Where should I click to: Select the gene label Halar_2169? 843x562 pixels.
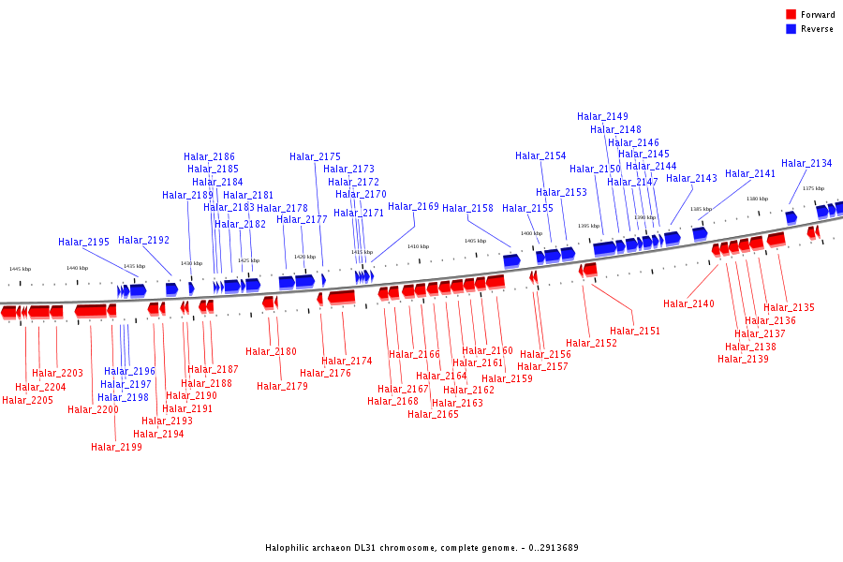413,206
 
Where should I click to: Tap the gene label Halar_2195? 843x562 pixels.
83,242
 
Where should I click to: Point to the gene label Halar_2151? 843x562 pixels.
635,331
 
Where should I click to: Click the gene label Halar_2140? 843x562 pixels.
688,303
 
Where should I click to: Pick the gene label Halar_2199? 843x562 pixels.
116,447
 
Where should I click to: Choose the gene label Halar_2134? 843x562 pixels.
806,163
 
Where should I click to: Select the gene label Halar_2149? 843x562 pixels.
602,116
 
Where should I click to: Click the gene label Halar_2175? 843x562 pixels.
315,156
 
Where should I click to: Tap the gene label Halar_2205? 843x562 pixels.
27,400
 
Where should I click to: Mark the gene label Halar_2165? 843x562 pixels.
433,414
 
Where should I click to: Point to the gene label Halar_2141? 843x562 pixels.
750,173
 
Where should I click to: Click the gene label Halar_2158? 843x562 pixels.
467,208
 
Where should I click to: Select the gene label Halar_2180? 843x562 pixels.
271,351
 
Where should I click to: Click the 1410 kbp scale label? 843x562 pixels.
418,246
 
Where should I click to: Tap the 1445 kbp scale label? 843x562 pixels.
20,269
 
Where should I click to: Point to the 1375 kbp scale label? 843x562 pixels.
813,188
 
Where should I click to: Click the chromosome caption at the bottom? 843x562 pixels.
421,547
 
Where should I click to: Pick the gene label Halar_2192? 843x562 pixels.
143,240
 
